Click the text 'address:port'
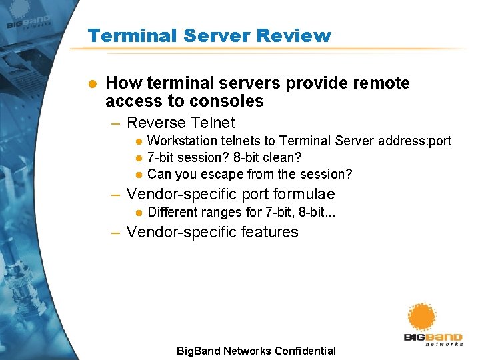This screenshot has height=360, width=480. (x=415, y=141)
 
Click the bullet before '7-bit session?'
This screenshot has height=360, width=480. (x=139, y=158)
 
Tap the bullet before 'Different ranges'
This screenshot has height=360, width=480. (x=139, y=213)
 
